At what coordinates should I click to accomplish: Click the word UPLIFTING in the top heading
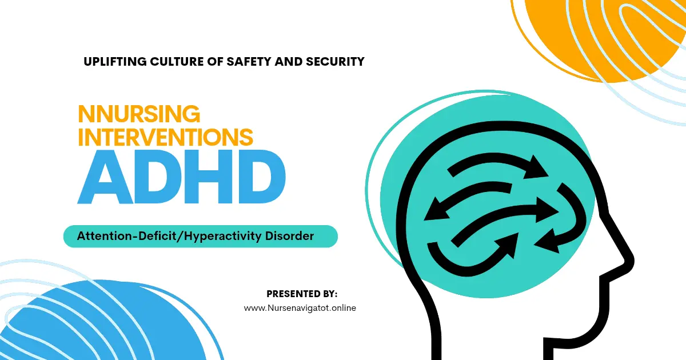click(x=115, y=62)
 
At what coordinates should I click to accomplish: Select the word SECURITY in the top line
click(x=335, y=62)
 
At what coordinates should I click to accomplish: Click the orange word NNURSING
click(x=139, y=114)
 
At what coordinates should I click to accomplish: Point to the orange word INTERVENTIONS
click(x=166, y=137)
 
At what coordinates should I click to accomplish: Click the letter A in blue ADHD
click(x=106, y=177)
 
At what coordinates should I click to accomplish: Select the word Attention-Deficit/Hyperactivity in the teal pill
click(x=169, y=236)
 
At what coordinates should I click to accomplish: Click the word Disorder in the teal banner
click(x=289, y=236)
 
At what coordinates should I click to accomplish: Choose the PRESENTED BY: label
click(x=302, y=294)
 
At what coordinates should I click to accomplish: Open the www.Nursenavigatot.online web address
click(x=300, y=307)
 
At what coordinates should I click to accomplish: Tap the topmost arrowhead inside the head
click(x=536, y=167)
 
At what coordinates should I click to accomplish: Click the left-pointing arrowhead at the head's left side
click(x=436, y=210)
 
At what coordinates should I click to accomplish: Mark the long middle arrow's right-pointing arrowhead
click(x=547, y=210)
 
